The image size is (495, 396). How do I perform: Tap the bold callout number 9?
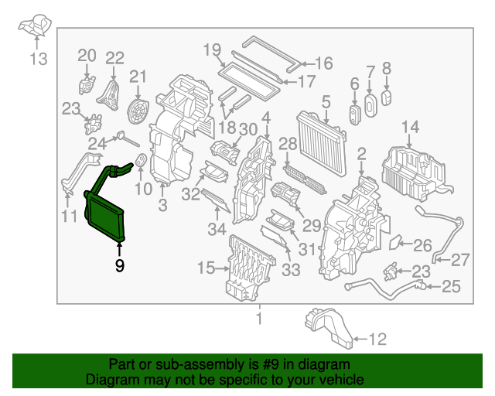(119, 265)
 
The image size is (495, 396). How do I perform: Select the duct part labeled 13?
(34, 27)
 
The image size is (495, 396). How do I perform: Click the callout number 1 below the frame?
(260, 318)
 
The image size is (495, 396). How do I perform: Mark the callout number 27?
(460, 259)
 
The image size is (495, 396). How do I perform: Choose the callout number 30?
(247, 129)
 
